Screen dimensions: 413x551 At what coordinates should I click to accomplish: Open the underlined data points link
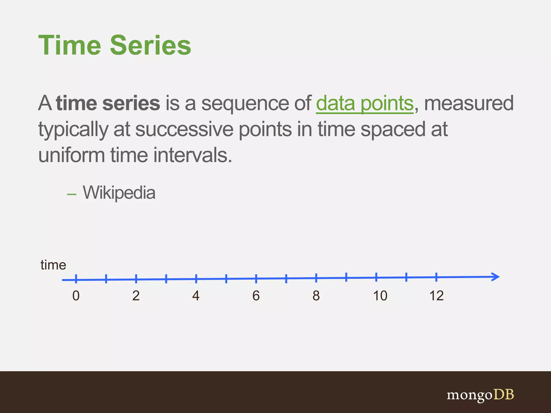pyautogui.click(x=365, y=104)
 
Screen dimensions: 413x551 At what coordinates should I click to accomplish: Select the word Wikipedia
pyautogui.click(x=119, y=193)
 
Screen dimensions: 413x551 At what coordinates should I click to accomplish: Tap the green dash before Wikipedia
pyautogui.click(x=72, y=194)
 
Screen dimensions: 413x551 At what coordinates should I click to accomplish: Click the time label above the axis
pyautogui.click(x=53, y=265)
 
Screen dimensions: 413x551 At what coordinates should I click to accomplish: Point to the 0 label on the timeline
pyautogui.click(x=76, y=296)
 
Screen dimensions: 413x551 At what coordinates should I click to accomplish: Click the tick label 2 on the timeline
pyautogui.click(x=136, y=296)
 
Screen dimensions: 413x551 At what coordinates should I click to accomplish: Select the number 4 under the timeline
pyautogui.click(x=196, y=296)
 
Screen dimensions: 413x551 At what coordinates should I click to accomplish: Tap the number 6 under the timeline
pyautogui.click(x=256, y=296)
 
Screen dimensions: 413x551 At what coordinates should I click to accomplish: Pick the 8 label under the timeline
pyautogui.click(x=316, y=296)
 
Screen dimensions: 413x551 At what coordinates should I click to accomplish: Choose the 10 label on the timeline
pyautogui.click(x=380, y=296)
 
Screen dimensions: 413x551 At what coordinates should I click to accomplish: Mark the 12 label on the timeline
pyautogui.click(x=436, y=296)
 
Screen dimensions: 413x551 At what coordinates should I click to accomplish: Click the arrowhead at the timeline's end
pyautogui.click(x=496, y=277)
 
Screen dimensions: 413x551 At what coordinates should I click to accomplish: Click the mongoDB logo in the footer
pyautogui.click(x=480, y=395)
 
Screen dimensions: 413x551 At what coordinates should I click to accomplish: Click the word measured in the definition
pyautogui.click(x=469, y=104)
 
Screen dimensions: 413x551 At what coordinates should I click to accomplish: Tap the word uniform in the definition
pyautogui.click(x=71, y=155)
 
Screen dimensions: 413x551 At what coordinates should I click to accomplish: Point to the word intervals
pyautogui.click(x=193, y=155)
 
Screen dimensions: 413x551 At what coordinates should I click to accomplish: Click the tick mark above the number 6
pyautogui.click(x=256, y=279)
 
